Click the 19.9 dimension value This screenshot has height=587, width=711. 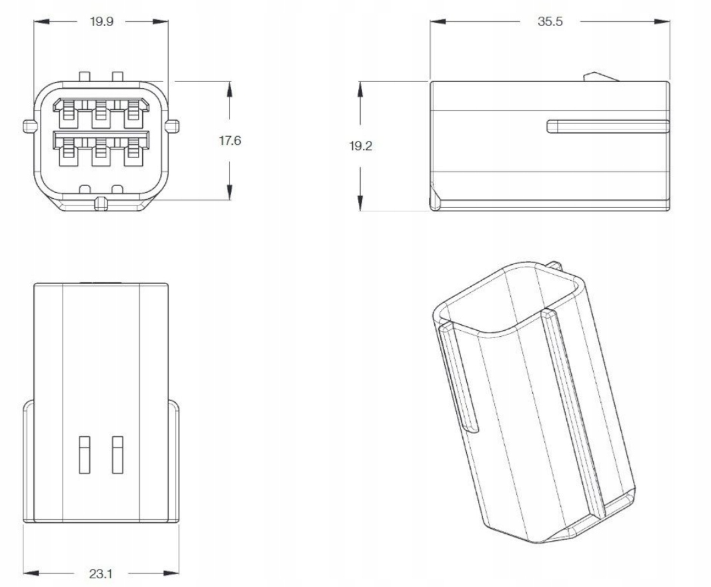tap(101, 21)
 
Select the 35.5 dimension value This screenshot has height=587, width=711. tap(550, 21)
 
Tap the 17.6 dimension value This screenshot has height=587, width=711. tap(230, 141)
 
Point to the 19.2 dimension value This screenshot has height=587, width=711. tap(360, 146)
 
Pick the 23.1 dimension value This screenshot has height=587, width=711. tap(101, 574)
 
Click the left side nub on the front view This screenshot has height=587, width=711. tap(29, 126)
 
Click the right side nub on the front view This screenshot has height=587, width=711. tap(173, 126)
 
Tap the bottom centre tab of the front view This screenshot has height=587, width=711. tap(101, 204)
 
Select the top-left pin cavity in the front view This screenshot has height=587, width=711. tap(68, 113)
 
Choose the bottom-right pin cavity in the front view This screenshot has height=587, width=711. tap(133, 152)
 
